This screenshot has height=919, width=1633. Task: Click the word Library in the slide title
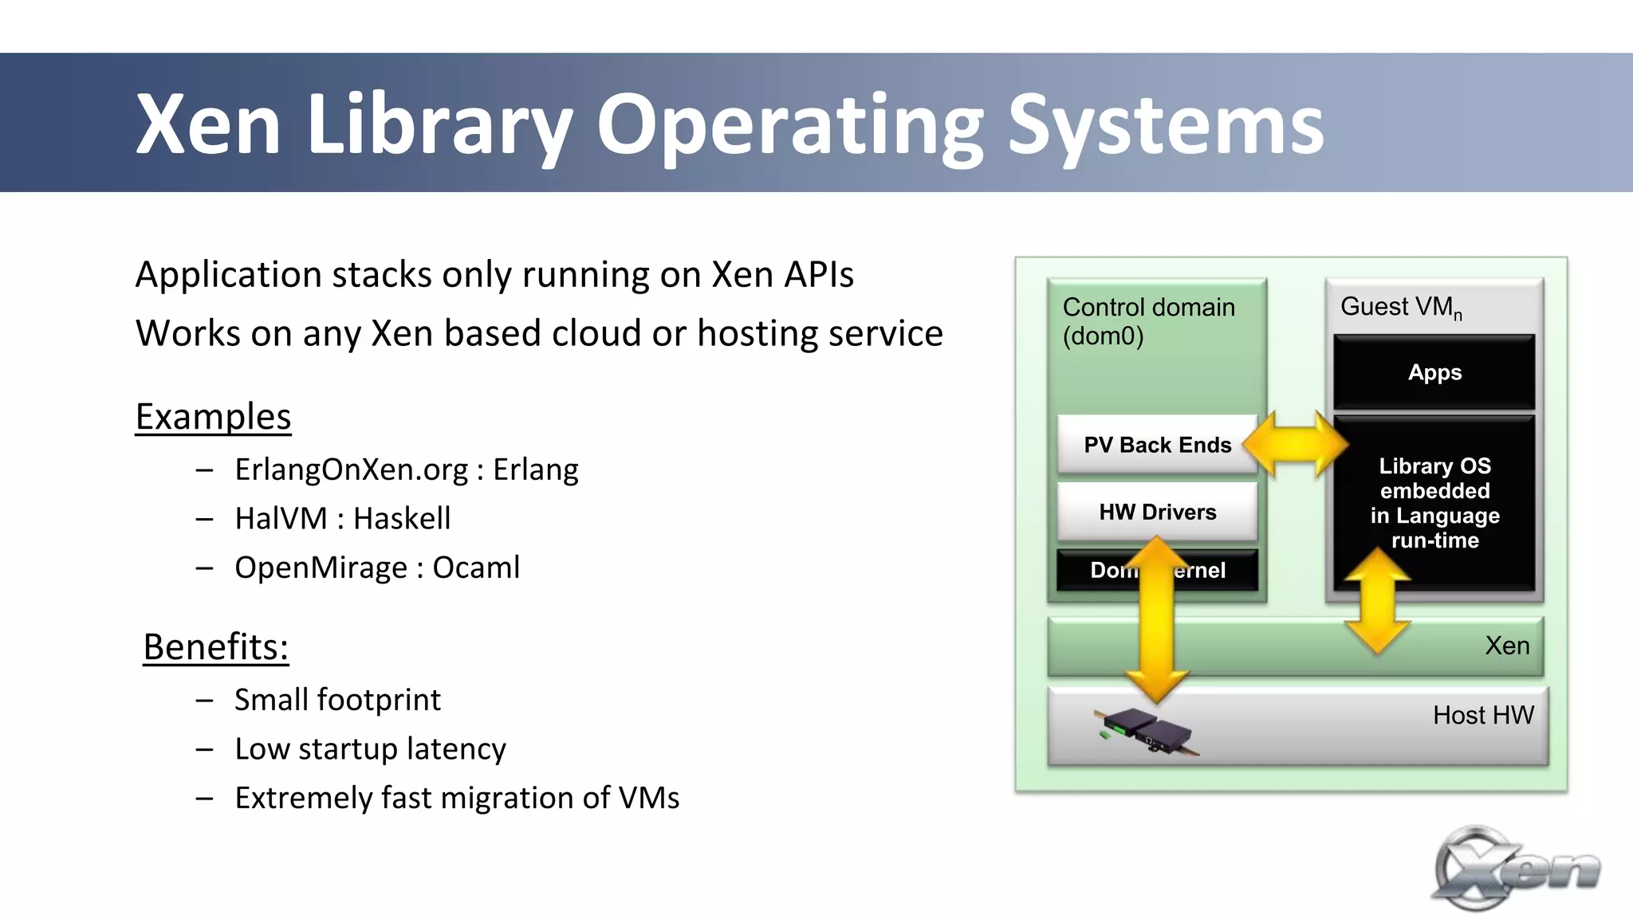pyautogui.click(x=439, y=124)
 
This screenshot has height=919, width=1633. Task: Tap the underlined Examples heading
pyautogui.click(x=214, y=417)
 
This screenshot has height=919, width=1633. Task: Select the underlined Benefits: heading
pyautogui.click(x=215, y=646)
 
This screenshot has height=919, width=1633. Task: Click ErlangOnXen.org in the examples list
pyautogui.click(x=351, y=469)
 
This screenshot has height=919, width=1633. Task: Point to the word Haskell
pyautogui.click(x=402, y=519)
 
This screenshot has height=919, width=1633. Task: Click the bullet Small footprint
pyautogui.click(x=337, y=700)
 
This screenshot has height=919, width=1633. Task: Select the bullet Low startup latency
pyautogui.click(x=370, y=749)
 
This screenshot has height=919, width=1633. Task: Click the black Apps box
pyautogui.click(x=1434, y=372)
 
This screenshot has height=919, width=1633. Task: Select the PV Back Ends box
pyautogui.click(x=1157, y=445)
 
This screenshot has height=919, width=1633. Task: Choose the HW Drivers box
pyautogui.click(x=1157, y=512)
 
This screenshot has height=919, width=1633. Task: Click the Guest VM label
pyautogui.click(x=1401, y=307)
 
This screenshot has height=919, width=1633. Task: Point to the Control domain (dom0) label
pyautogui.click(x=1148, y=321)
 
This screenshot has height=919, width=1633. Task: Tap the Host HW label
pyautogui.click(x=1483, y=715)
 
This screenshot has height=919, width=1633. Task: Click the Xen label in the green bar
pyautogui.click(x=1507, y=646)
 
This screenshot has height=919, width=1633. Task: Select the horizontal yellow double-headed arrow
pyautogui.click(x=1295, y=445)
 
